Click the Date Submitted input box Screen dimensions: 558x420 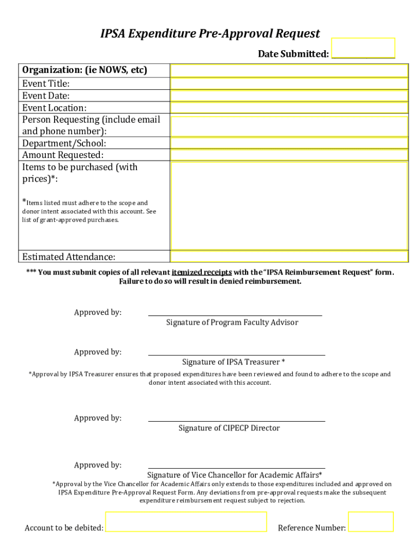pos(363,48)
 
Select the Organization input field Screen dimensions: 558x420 pos(289,71)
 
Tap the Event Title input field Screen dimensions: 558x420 pos(289,84)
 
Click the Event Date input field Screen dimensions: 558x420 pos(289,96)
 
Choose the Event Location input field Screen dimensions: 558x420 pos(289,108)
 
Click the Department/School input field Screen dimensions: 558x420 pos(289,143)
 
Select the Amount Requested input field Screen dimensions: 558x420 pos(289,155)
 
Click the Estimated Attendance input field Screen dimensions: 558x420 pos(289,257)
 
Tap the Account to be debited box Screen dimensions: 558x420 pos(186,521)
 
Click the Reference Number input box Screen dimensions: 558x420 pos(371,521)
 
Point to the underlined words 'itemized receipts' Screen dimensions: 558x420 pos(202,272)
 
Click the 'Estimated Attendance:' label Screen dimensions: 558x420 pos(69,257)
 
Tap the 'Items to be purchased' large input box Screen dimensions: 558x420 pos(289,205)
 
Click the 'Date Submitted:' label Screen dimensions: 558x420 pos(293,54)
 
